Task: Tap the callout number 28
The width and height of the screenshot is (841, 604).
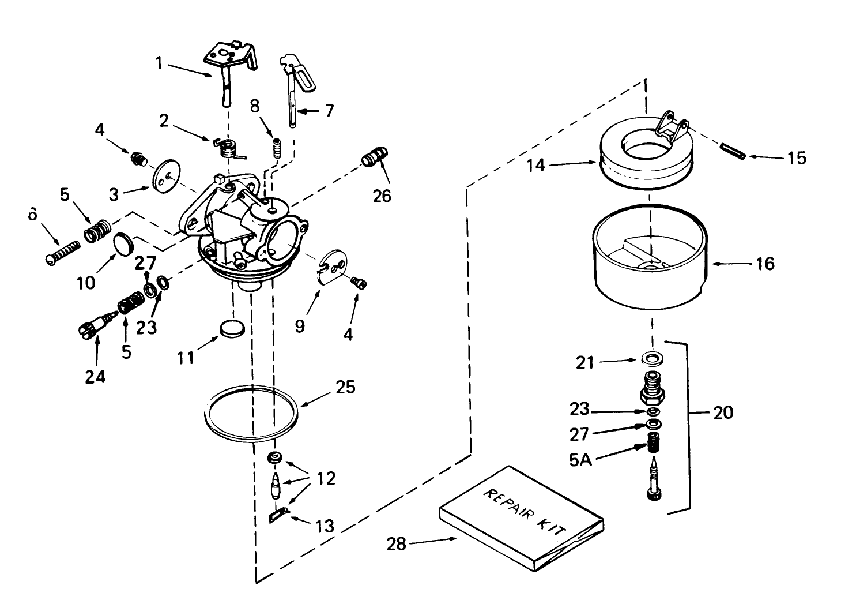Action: pos(397,543)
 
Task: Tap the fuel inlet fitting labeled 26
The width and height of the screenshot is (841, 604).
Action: pos(375,156)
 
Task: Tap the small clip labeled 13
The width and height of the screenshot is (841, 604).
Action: pos(279,515)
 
